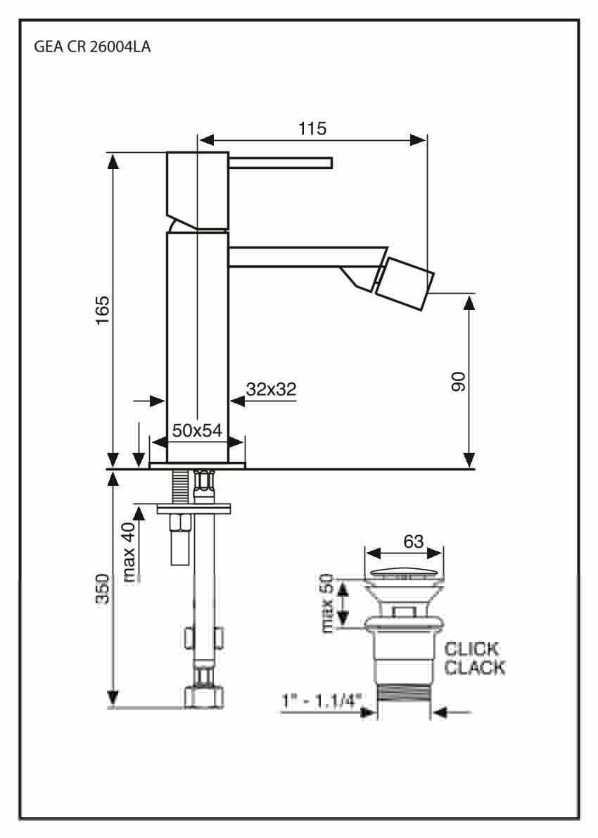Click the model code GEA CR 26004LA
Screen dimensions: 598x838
click(92, 47)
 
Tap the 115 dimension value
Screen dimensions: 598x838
click(312, 128)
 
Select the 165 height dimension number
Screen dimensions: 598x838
click(102, 310)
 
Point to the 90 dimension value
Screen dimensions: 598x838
click(459, 382)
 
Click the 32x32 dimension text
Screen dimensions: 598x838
click(272, 389)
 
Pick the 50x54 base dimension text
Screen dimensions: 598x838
click(197, 430)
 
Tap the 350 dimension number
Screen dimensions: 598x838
click(102, 589)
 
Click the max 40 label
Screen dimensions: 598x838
click(129, 552)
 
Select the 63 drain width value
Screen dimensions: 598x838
click(413, 542)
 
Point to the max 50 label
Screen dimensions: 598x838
click(326, 603)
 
